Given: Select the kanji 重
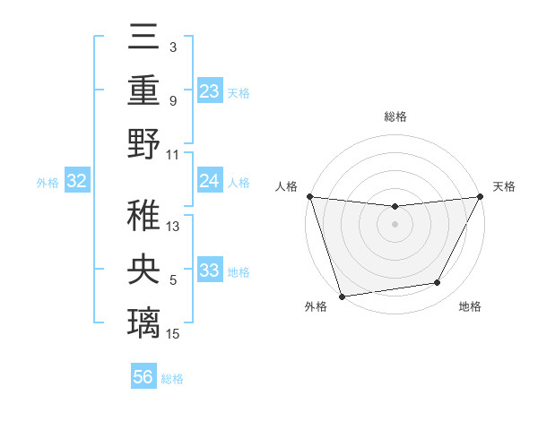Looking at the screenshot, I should (144, 90).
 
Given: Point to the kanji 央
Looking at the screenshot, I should (144, 270).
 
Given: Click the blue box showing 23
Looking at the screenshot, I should (209, 90).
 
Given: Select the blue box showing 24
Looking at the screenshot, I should (209, 181).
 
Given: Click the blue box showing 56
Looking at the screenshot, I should (143, 377).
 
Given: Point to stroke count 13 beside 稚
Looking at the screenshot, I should (173, 227).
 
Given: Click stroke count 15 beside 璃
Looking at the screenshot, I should (173, 334).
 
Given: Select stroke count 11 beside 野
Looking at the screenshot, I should (173, 153).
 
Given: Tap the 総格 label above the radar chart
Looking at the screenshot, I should (395, 116).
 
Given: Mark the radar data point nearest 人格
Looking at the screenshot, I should (309, 196).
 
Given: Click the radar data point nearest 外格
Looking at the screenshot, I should (342, 296).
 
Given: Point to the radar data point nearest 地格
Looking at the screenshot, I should (438, 283).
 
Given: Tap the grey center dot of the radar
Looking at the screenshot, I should (395, 224).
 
